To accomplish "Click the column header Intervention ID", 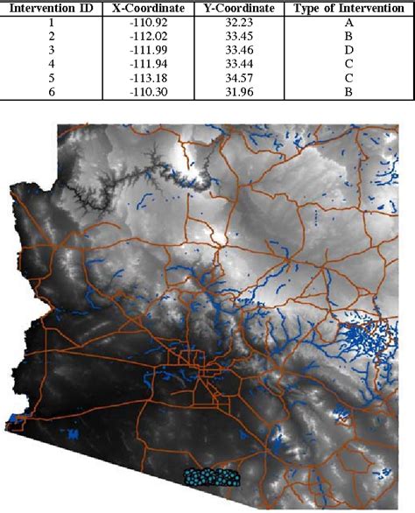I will tap(50, 8).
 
